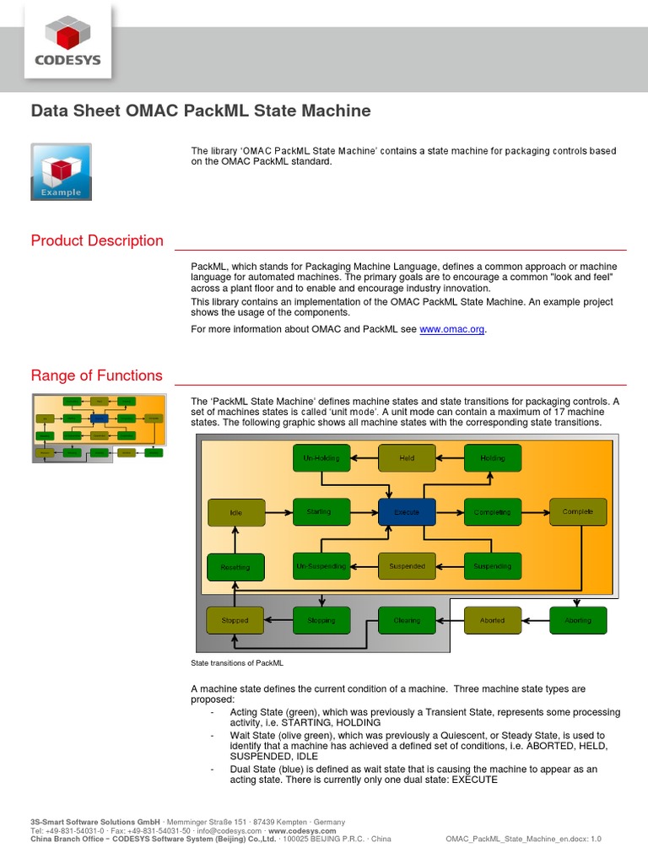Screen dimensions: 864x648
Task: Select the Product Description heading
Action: pyautogui.click(x=97, y=241)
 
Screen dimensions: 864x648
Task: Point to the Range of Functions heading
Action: pyautogui.click(x=96, y=376)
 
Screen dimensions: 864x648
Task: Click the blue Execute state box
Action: pyautogui.click(x=407, y=512)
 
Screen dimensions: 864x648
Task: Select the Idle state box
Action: pyautogui.click(x=235, y=512)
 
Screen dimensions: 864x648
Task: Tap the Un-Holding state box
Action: pyautogui.click(x=321, y=458)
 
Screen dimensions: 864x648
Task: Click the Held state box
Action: pyautogui.click(x=407, y=458)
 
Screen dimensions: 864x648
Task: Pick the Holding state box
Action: pyautogui.click(x=493, y=458)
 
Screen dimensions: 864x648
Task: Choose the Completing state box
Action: pyautogui.click(x=493, y=512)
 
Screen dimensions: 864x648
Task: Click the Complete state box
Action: pyautogui.click(x=578, y=512)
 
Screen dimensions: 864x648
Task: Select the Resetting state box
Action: pyautogui.click(x=235, y=567)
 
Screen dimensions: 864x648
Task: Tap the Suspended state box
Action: pyautogui.click(x=407, y=566)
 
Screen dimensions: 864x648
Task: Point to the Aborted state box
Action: pyautogui.click(x=493, y=620)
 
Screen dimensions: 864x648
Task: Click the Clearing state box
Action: pyautogui.click(x=407, y=620)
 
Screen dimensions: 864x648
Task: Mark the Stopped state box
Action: pyautogui.click(x=235, y=620)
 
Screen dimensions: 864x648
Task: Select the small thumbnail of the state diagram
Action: pyautogui.click(x=97, y=426)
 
